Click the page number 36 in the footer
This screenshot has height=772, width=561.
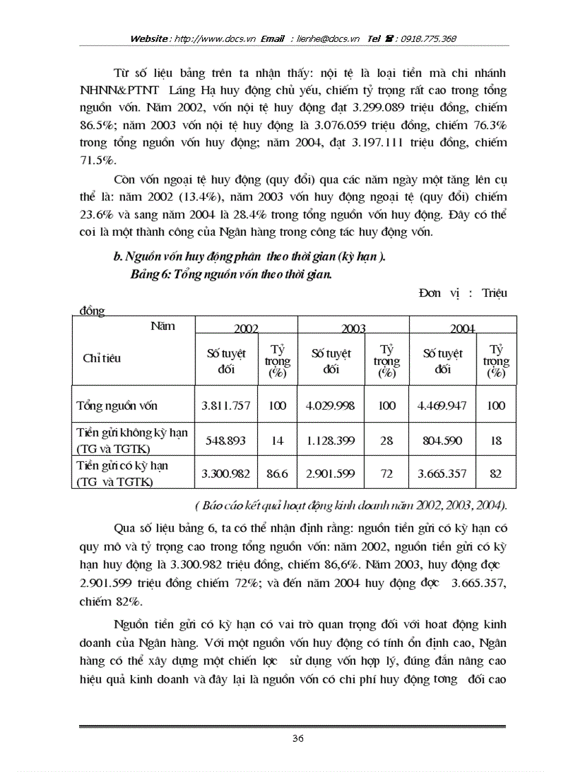click(298, 738)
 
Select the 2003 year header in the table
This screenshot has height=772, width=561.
click(353, 329)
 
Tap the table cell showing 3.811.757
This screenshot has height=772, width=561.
click(226, 406)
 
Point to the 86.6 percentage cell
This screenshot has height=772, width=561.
click(277, 474)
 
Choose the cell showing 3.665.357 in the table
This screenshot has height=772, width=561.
click(443, 474)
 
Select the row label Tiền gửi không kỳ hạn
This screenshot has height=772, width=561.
click(131, 433)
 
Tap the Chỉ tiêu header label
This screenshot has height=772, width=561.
click(102, 358)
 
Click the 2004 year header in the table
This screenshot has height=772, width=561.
click(462, 329)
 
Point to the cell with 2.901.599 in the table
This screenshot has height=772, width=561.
click(331, 474)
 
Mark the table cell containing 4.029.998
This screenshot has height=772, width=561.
click(331, 406)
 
